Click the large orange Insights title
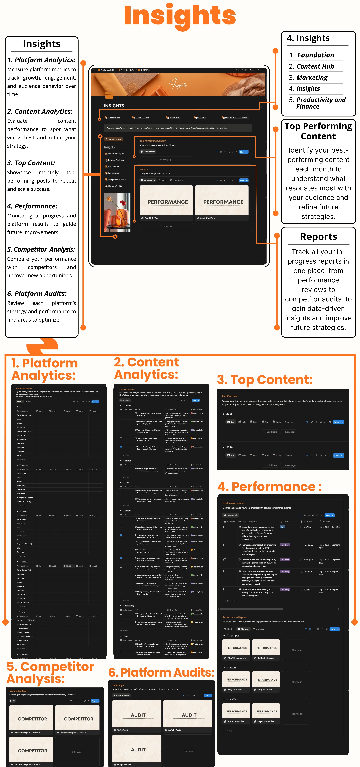(x=180, y=15)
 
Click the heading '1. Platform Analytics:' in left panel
(x=41, y=60)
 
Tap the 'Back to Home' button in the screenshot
(x=113, y=139)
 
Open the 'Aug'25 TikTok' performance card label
(x=151, y=218)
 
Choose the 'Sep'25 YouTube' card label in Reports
(x=208, y=218)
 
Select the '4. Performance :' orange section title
(x=269, y=487)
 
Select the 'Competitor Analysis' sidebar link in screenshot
(x=117, y=180)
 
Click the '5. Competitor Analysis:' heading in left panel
(x=41, y=249)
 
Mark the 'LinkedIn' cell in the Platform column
(x=308, y=571)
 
